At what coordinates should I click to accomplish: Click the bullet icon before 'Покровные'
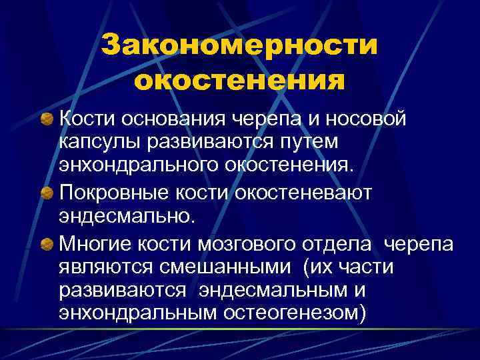tap(46, 193)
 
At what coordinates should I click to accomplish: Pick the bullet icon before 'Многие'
tap(46, 243)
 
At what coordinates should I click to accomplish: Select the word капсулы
tap(98, 143)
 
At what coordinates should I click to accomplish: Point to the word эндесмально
tap(127, 216)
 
